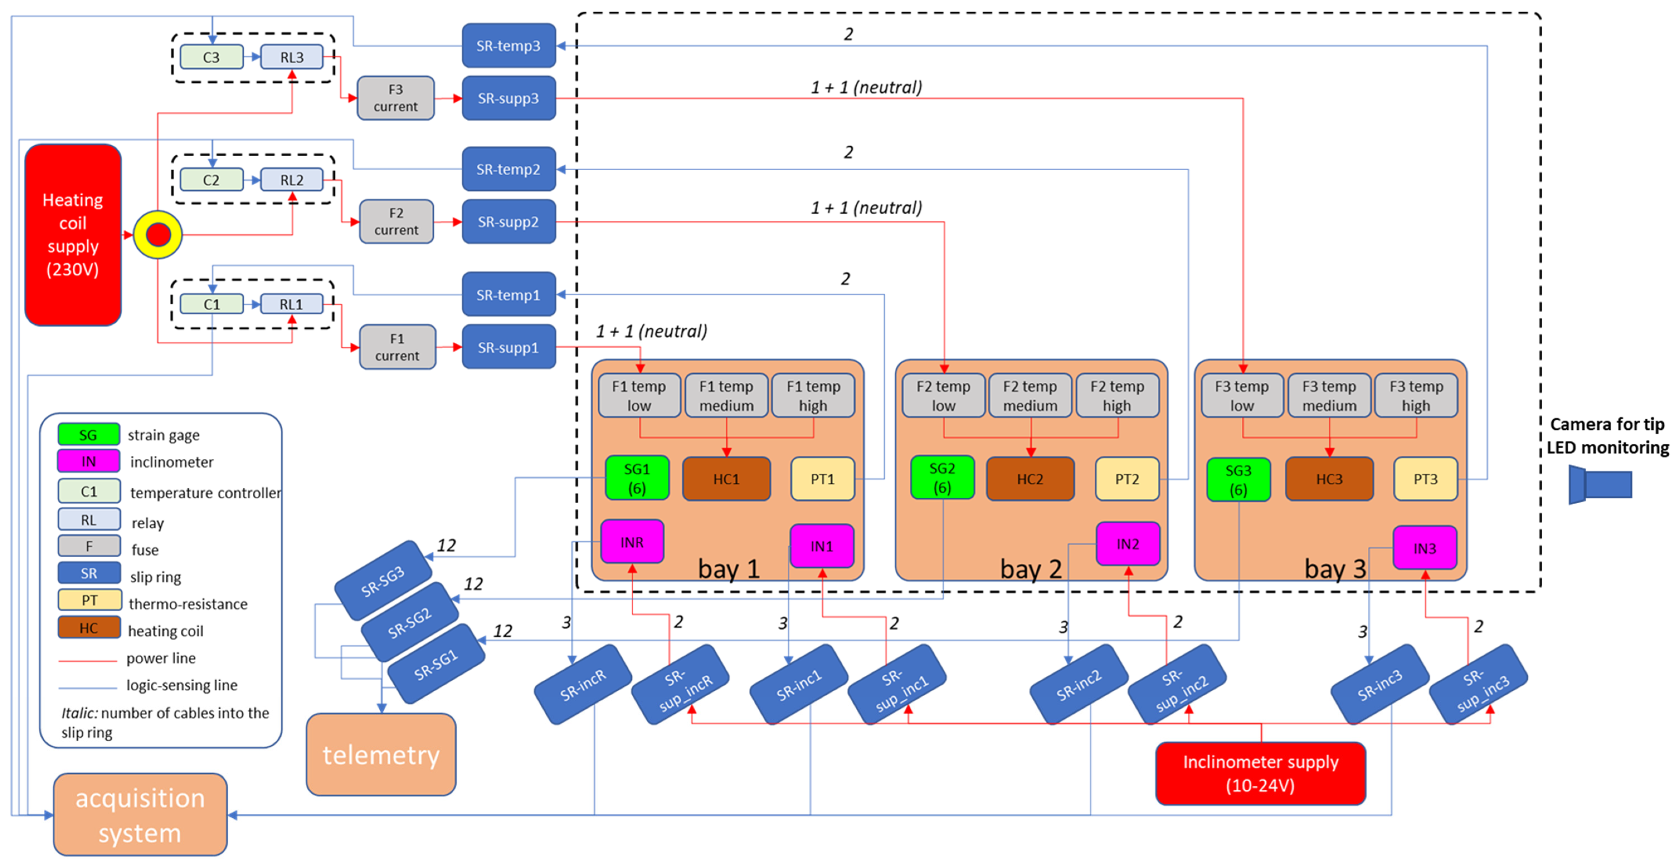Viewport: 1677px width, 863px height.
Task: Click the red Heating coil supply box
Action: [x=73, y=234]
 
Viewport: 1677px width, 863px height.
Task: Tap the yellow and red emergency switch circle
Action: [x=157, y=234]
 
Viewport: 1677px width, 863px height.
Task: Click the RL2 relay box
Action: [x=292, y=180]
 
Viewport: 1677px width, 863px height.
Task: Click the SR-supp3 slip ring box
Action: [x=508, y=98]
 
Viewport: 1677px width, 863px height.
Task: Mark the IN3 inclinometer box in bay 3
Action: [x=1424, y=548]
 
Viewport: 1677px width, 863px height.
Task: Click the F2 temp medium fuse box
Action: [x=1030, y=395]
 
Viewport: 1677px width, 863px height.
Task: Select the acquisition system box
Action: [x=140, y=815]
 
